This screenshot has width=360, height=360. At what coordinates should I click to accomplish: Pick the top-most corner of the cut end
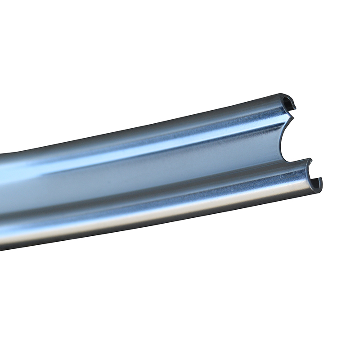pos(283,94)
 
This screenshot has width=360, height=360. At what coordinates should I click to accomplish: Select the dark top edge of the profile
pos(180,119)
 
